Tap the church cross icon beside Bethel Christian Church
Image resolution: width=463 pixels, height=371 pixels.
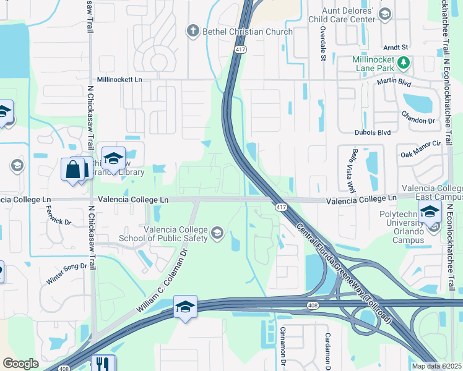click(193, 31)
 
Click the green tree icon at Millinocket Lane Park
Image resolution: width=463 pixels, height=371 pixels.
click(404, 62)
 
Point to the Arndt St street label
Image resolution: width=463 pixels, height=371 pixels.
click(396, 47)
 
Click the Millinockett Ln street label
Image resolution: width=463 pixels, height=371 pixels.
click(119, 80)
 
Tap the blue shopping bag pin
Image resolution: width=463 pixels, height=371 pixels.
click(73, 169)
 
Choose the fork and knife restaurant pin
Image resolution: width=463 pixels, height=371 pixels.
click(103, 364)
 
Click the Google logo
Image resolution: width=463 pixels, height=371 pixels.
click(20, 364)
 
